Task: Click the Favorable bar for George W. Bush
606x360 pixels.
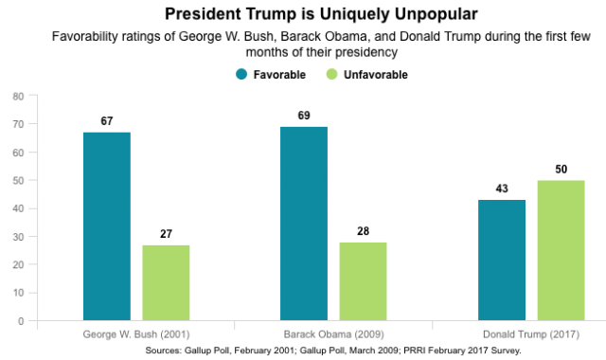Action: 107,226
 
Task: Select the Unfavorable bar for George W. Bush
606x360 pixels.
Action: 167,282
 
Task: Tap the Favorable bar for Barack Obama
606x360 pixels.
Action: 304,224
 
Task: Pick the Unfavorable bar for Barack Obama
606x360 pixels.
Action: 363,281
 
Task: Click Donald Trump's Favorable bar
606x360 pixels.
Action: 502,261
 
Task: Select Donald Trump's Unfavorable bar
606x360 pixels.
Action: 561,250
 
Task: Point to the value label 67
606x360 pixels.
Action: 107,121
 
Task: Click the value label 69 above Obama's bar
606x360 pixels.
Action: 304,116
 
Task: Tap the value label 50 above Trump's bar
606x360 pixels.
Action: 561,169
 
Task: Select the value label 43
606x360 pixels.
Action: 502,189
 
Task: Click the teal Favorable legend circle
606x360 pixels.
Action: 241,74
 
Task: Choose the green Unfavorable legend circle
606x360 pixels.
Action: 332,74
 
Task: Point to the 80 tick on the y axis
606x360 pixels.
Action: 19,97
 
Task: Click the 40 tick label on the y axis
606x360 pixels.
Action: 19,208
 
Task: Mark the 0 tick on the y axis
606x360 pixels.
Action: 21,321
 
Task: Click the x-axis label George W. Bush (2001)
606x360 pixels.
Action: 136,334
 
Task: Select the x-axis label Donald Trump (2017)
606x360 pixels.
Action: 531,334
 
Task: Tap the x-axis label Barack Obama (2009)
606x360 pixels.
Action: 334,334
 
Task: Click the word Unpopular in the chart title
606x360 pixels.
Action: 436,15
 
